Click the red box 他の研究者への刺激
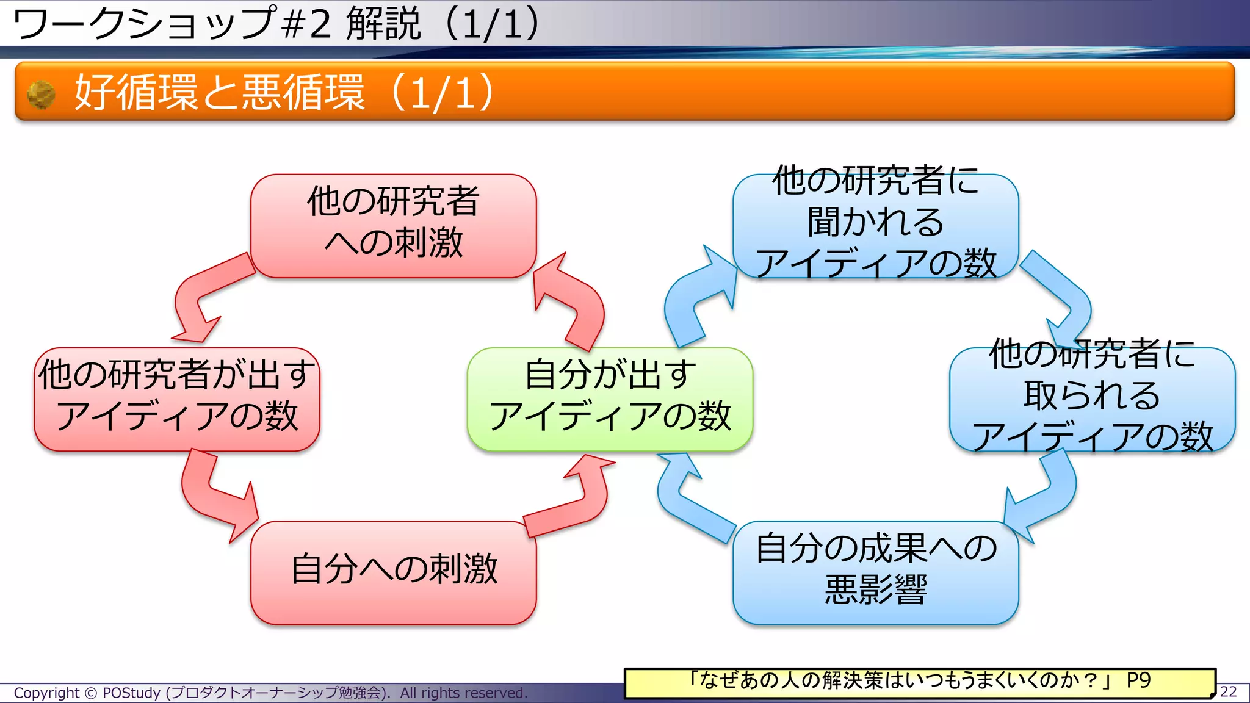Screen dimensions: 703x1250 point(393,226)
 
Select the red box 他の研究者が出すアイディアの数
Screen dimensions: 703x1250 point(177,399)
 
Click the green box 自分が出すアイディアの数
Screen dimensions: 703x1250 point(610,399)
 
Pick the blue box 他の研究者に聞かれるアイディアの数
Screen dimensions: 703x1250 point(875,226)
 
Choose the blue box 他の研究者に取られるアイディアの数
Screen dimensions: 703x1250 point(1092,399)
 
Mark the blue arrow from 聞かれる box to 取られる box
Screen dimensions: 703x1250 point(1065,293)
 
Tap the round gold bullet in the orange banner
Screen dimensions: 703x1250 point(42,95)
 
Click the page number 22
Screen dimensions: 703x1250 point(1228,691)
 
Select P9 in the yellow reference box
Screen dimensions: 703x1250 point(1138,680)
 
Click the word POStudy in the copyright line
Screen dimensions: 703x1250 point(131,693)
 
